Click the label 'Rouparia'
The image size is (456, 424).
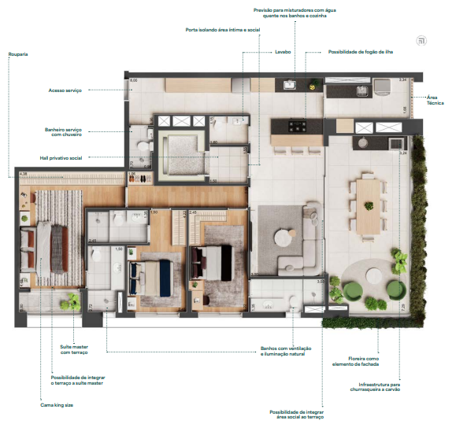[17, 54]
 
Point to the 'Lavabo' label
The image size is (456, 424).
[283, 53]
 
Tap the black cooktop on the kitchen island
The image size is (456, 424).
[299, 125]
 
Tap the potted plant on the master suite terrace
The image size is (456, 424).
[73, 300]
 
